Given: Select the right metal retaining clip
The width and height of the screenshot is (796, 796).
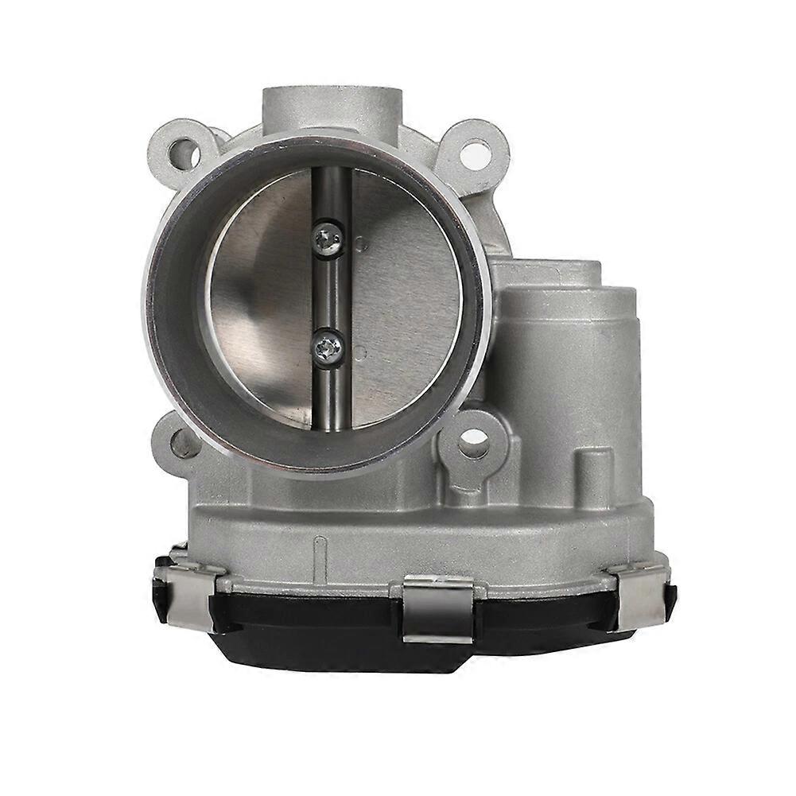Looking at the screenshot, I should tap(638, 592).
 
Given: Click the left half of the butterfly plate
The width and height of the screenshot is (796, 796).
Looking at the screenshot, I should tap(254, 302).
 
